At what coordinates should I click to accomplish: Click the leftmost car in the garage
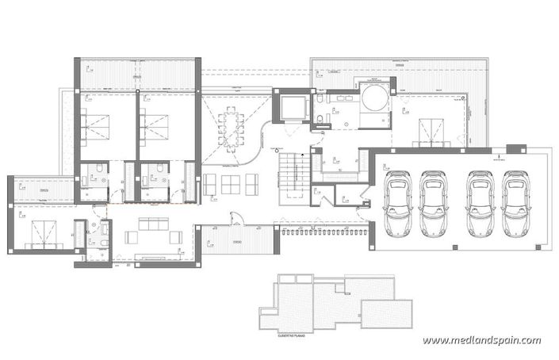[397, 205]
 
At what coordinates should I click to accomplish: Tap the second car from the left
[432, 205]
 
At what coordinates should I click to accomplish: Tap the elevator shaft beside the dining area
[290, 106]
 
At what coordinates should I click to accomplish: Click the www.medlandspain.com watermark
[481, 340]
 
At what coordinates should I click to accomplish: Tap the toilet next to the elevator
[317, 120]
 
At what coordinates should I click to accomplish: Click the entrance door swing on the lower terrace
[235, 223]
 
